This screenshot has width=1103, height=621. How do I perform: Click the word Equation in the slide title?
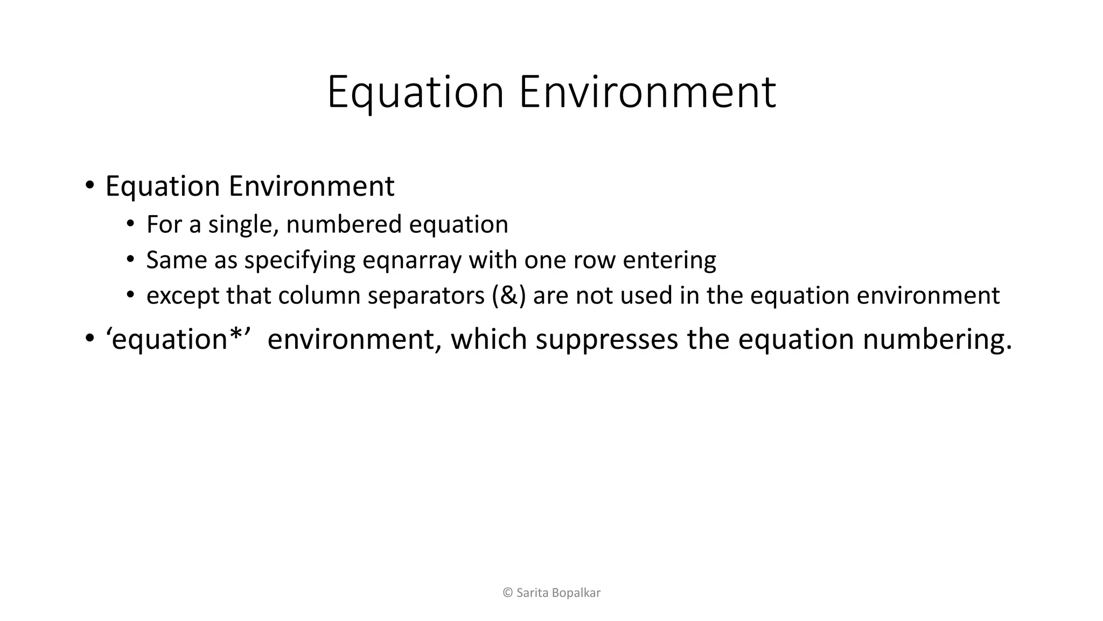point(415,93)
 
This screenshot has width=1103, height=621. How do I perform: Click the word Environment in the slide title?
point(647,93)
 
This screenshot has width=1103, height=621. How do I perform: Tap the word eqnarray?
point(412,260)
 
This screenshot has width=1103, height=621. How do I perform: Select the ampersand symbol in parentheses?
point(509,296)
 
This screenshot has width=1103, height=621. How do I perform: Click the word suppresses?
point(606,340)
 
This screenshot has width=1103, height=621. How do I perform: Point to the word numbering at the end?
point(937,340)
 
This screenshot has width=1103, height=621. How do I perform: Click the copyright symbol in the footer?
point(507,593)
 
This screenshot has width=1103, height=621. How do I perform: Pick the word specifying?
point(299,260)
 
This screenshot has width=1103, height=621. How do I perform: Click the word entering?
point(669,260)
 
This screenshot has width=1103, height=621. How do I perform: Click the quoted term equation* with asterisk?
point(178,340)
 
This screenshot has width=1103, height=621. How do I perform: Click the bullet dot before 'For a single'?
point(130,224)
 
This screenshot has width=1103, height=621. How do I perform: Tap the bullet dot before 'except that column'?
point(130,295)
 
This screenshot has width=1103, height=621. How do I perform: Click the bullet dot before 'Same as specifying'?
point(130,259)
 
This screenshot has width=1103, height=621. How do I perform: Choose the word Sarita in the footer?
point(533,593)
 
